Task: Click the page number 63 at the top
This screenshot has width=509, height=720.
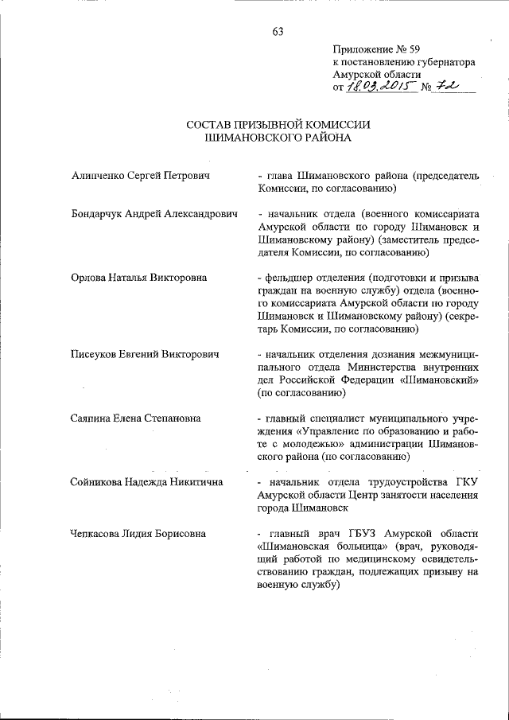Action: pyautogui.click(x=278, y=32)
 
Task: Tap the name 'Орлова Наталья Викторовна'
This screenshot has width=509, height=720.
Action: pyautogui.click(x=138, y=278)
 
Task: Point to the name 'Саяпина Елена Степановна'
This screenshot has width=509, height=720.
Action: pyautogui.click(x=135, y=418)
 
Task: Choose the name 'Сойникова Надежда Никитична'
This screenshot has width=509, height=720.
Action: pyautogui.click(x=146, y=482)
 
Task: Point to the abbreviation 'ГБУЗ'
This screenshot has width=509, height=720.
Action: pyautogui.click(x=377, y=533)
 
